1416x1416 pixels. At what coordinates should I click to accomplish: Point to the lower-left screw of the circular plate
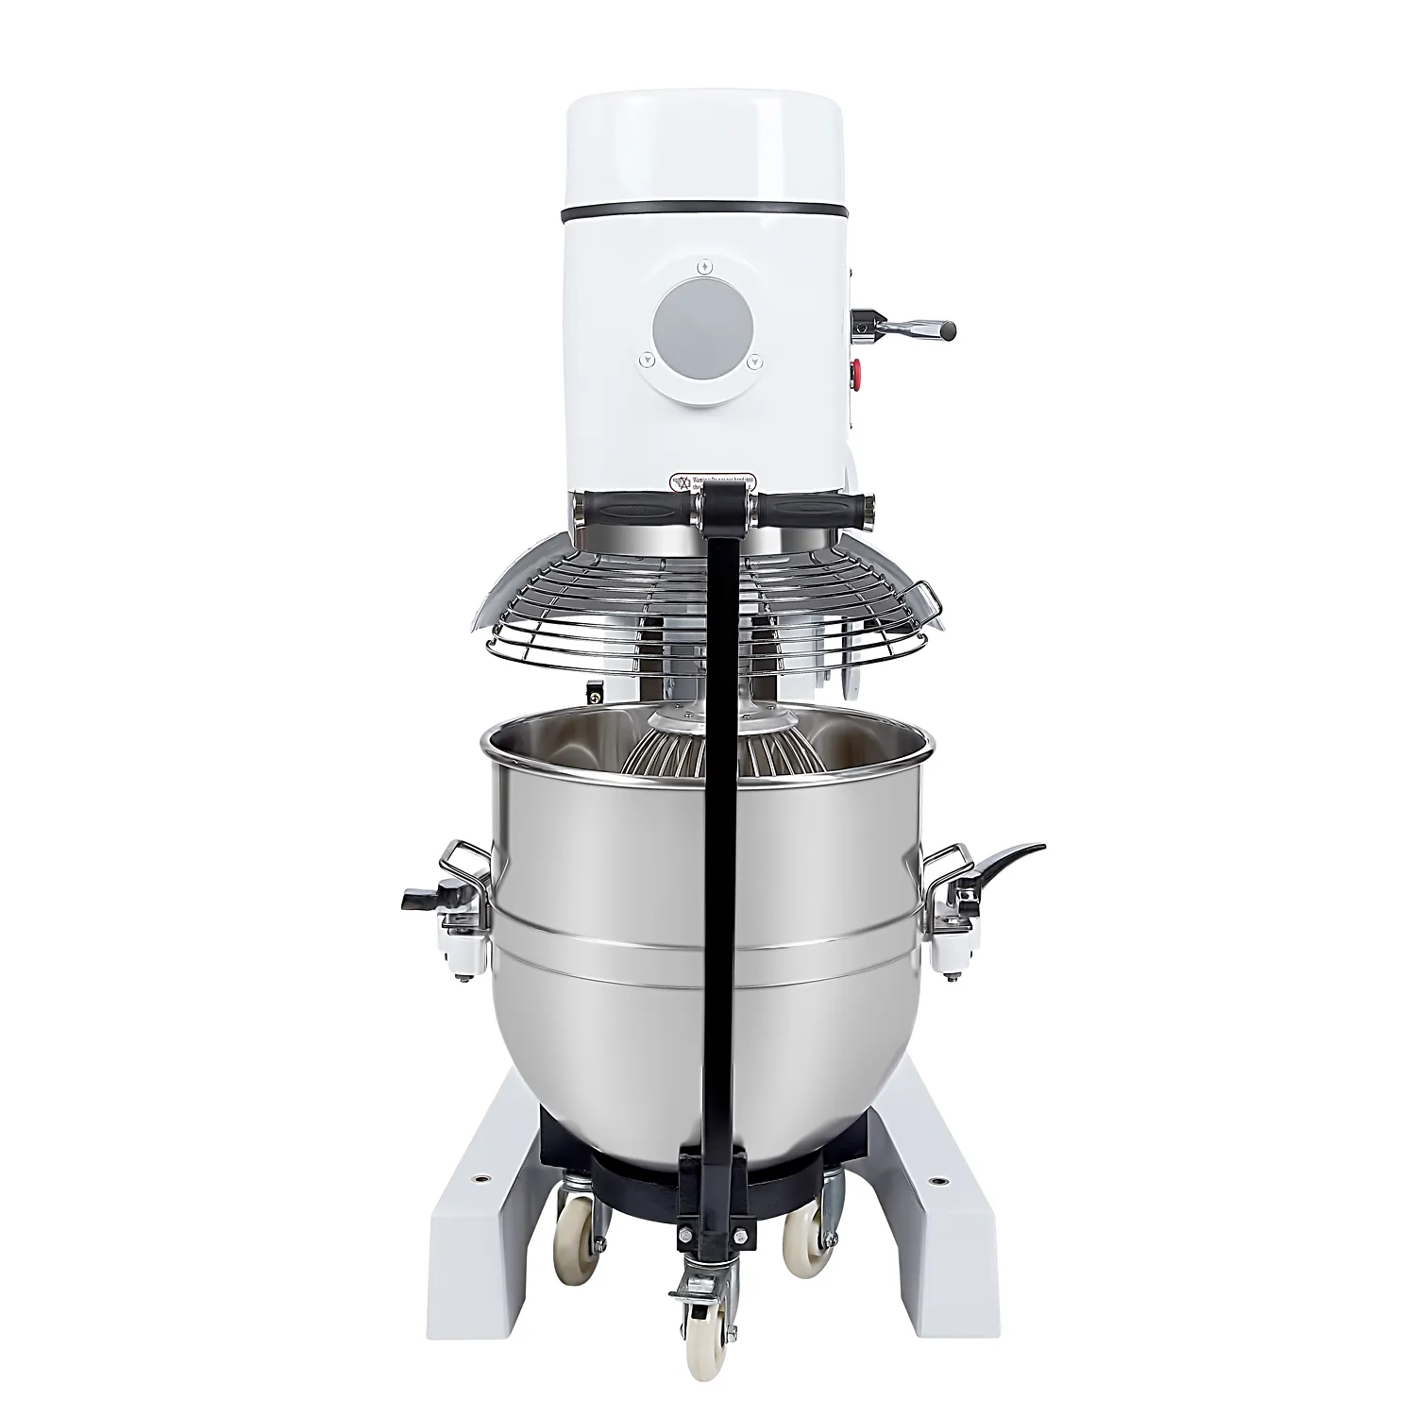click(646, 358)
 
